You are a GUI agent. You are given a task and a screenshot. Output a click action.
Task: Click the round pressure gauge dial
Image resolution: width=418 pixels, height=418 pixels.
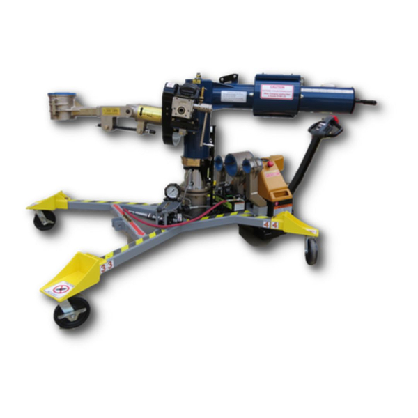(x=171, y=191)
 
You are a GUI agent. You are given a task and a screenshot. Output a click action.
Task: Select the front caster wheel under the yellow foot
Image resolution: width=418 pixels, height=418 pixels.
(x=71, y=312)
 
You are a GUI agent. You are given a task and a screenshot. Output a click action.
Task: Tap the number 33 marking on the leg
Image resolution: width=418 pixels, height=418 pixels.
(x=107, y=265)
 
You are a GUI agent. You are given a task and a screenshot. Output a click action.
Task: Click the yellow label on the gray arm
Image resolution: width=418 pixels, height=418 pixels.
(x=110, y=111)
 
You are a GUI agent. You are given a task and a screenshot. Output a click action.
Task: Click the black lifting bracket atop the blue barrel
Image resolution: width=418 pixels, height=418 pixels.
(x=227, y=78)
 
